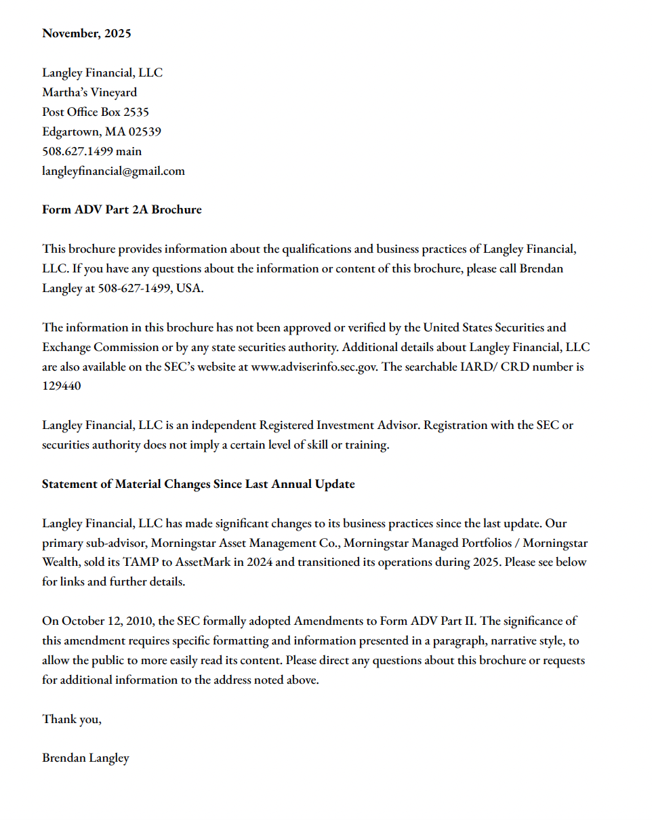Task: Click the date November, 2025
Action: (x=86, y=33)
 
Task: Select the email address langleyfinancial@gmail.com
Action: (x=113, y=171)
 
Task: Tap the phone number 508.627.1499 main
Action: (x=91, y=151)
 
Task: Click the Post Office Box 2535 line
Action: (x=95, y=112)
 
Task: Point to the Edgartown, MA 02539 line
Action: (x=101, y=131)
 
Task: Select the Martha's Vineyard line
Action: (x=89, y=92)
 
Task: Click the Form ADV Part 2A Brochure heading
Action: (x=121, y=209)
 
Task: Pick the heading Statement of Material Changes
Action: (x=198, y=484)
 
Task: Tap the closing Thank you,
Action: (x=71, y=719)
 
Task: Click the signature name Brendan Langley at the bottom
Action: (x=85, y=758)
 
